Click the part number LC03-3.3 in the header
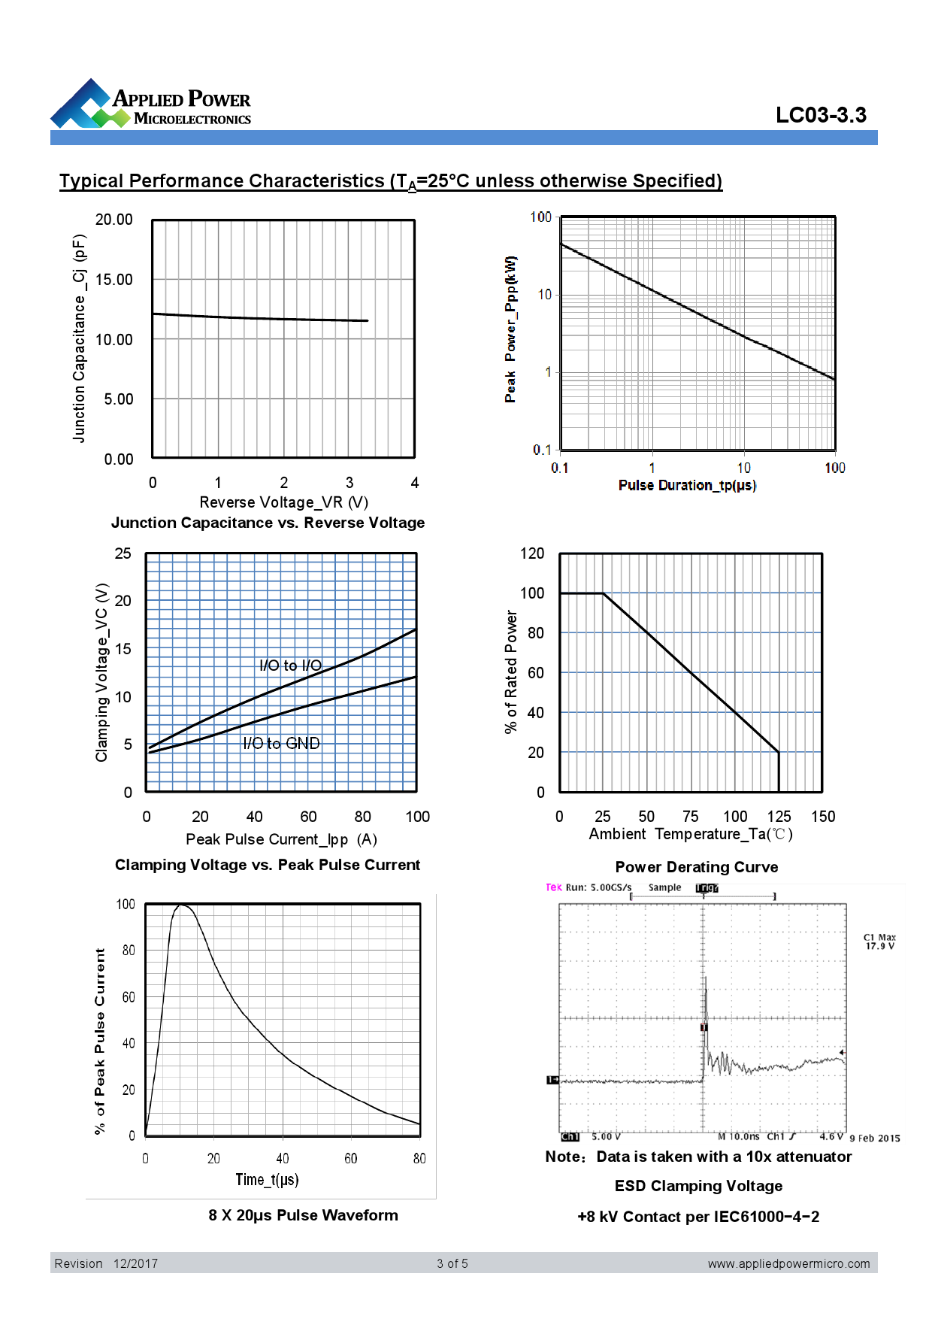coord(821,115)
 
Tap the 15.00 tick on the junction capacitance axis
coord(113,280)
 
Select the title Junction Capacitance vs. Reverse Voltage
coord(268,523)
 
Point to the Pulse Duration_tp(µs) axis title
coord(687,485)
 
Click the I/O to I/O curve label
coord(290,666)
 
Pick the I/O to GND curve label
coord(281,744)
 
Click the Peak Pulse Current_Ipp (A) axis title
coord(281,839)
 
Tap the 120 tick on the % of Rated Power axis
coord(532,553)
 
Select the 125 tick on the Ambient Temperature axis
coord(779,817)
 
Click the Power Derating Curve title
coord(697,867)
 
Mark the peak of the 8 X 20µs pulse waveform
coord(181,905)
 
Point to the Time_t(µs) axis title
coord(267,1179)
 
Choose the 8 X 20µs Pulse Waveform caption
coord(303,1215)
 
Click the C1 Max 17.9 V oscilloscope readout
coord(879,941)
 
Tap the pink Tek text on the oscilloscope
coord(553,887)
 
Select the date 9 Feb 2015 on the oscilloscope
coord(874,1138)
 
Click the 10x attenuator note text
coord(698,1157)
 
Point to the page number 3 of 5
coord(452,1263)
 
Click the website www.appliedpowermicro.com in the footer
coord(788,1263)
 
